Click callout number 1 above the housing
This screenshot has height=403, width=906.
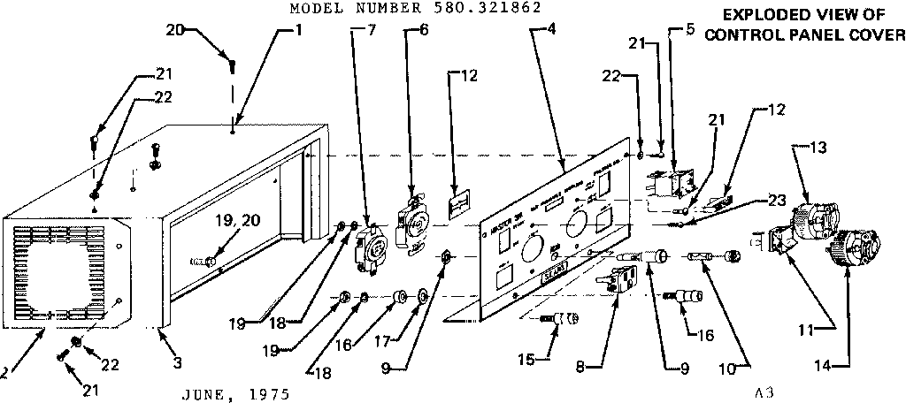tap(298, 29)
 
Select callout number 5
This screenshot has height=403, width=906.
tap(688, 29)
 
